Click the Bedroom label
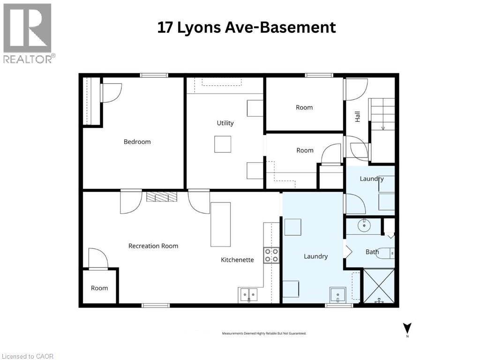tap(137, 142)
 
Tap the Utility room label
tap(225, 123)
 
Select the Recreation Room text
tap(153, 246)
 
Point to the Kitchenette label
tap(238, 260)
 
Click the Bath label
tap(372, 252)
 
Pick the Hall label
tap(358, 117)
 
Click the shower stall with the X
tap(379, 285)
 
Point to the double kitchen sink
tap(248, 295)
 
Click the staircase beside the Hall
tap(382, 115)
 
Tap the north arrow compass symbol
tap(407, 329)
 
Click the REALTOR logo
tap(28, 33)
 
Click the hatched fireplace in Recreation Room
tap(162, 197)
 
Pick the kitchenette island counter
tap(220, 224)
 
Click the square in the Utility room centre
tap(223, 144)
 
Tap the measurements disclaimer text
tap(264, 333)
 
